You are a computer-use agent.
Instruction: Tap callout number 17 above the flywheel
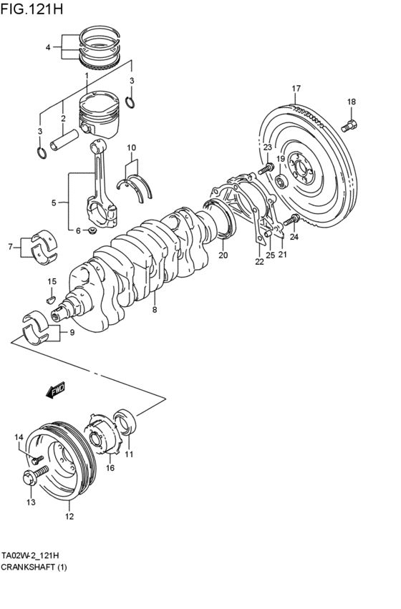295,89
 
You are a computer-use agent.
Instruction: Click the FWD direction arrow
54,390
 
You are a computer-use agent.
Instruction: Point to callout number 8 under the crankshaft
154,310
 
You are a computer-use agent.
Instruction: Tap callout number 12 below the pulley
69,515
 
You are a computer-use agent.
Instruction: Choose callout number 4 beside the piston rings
48,47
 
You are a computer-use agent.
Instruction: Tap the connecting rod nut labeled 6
91,230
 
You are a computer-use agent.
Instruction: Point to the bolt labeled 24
291,221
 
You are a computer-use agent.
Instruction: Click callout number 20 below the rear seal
223,255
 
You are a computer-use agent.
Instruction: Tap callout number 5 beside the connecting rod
54,203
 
